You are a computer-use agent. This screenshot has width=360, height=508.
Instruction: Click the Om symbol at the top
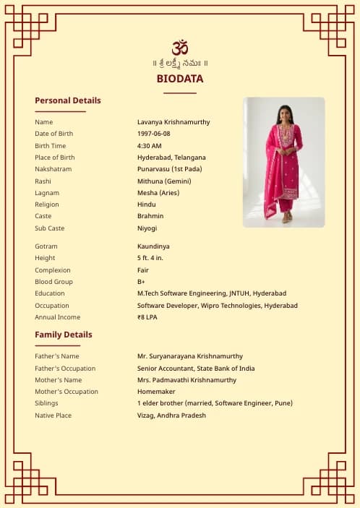pos(180,47)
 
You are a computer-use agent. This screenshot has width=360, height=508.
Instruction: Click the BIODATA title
pos(180,79)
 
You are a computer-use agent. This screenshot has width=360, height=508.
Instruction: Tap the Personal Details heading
pos(68,100)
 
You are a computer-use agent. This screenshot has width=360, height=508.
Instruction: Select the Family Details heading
pos(64,335)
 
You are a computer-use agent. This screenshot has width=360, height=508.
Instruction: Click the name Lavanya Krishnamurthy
pos(173,122)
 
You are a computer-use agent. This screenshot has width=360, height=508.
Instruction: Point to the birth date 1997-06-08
pos(154,134)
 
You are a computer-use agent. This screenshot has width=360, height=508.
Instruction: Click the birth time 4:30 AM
pos(150,146)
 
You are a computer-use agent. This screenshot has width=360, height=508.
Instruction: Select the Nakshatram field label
pos(53,169)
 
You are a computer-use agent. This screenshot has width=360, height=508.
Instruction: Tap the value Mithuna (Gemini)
pos(164,181)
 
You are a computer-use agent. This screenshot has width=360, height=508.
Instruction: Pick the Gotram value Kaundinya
pos(154,246)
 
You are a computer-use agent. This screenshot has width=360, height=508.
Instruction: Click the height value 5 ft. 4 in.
pos(150,258)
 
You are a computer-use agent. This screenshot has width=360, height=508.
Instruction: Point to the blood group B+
pos(142,282)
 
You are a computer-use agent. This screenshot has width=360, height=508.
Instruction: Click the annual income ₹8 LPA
pos(147,317)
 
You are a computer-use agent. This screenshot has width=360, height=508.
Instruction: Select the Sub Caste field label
pos(50,228)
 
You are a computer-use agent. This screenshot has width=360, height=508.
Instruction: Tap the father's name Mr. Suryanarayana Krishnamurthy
pos(190,356)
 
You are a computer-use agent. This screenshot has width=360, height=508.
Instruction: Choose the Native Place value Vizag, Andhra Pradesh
pos(171,416)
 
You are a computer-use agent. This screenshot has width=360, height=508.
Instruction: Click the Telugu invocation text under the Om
pos(180,63)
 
